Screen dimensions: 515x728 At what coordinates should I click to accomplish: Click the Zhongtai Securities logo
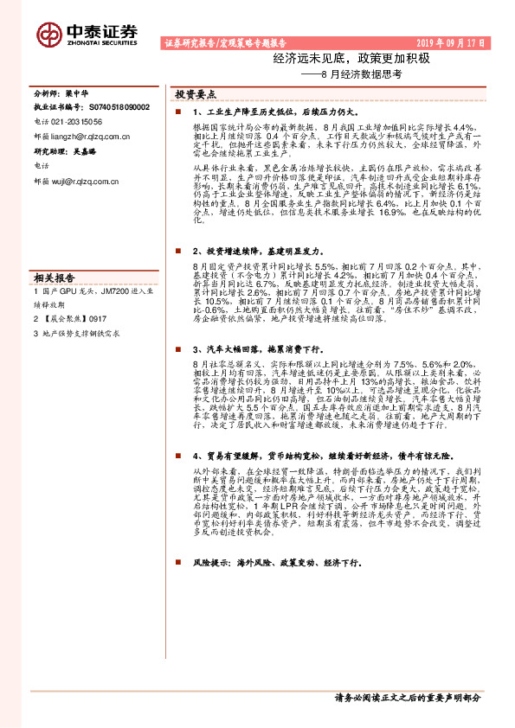click(x=87, y=32)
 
